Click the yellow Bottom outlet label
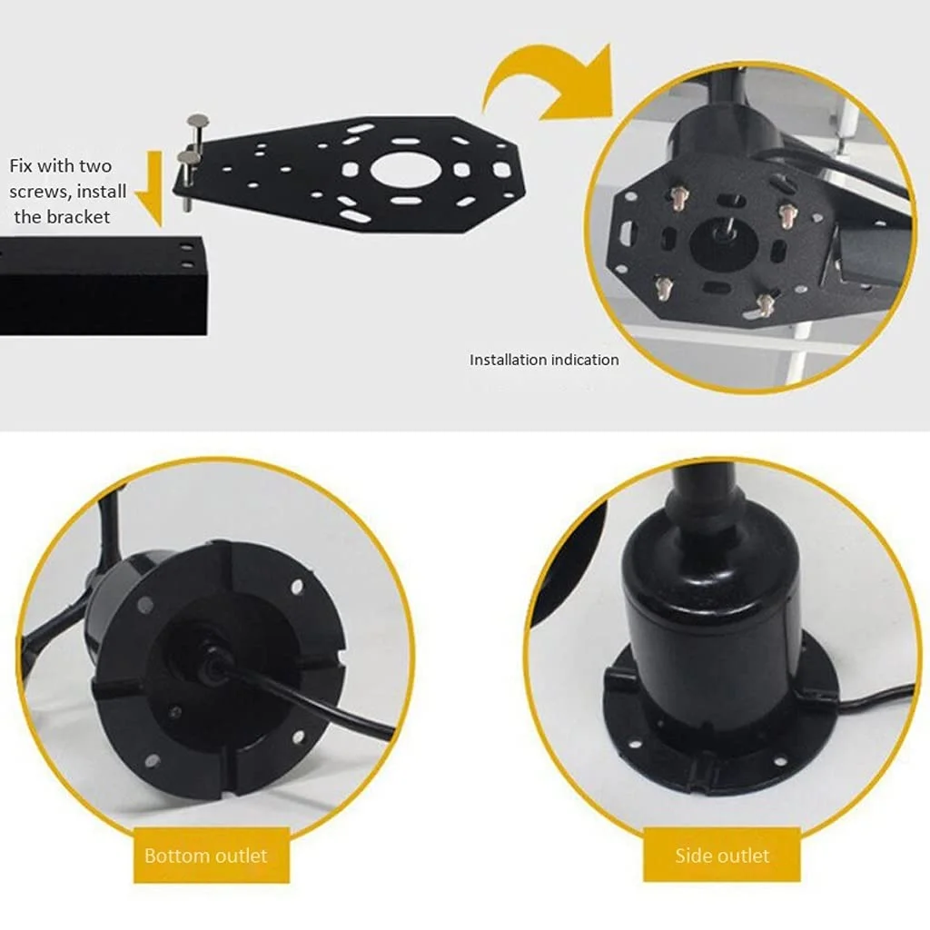tap(212, 856)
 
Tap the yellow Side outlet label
tap(722, 856)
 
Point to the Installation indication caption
tap(544, 360)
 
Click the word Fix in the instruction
tap(21, 165)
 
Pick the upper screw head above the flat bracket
tap(198, 120)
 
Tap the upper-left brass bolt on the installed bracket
tap(678, 196)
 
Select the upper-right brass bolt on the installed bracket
tap(788, 213)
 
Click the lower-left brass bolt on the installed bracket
tap(661, 288)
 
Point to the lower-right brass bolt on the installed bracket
tap(765, 303)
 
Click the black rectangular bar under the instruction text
tap(104, 286)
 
